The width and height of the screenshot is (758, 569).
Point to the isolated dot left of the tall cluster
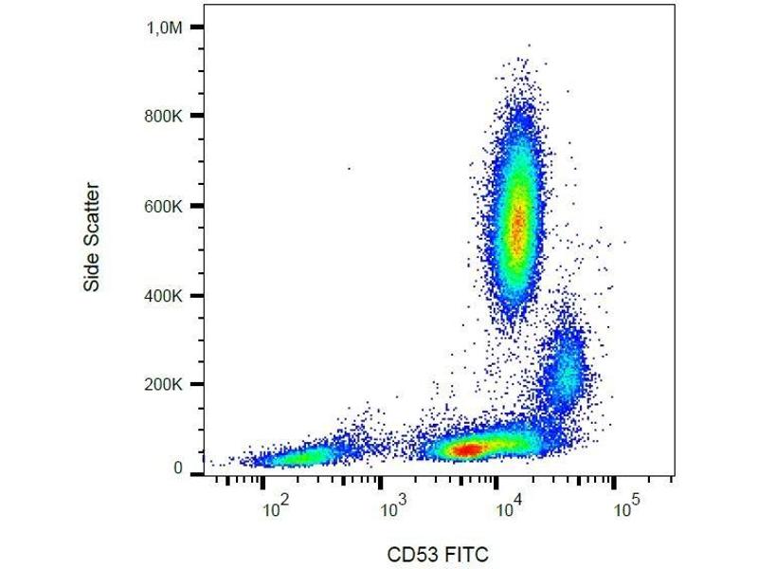349,169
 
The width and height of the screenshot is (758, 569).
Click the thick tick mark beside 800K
196,117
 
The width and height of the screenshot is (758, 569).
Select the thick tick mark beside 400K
196,295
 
